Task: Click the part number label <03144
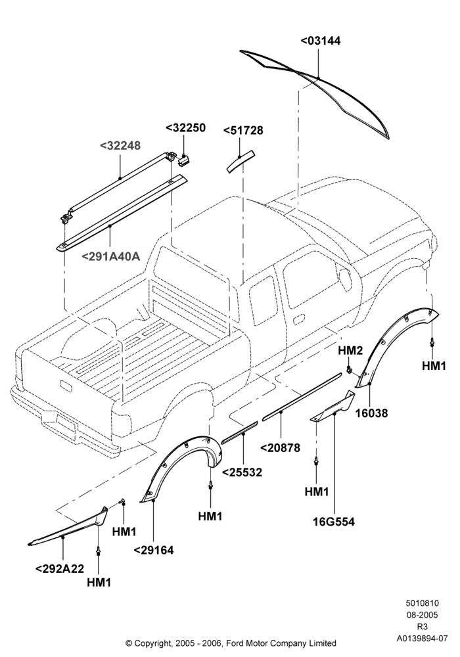[x=321, y=41]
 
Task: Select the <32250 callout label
[x=185, y=128]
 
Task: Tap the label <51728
[x=243, y=131]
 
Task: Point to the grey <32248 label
[x=120, y=146]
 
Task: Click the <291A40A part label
[x=110, y=256]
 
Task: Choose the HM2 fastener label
[x=350, y=350]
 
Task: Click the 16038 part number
[x=371, y=413]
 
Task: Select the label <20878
[x=281, y=448]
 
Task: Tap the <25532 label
[x=242, y=472]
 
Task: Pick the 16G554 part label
[x=334, y=522]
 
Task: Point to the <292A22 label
[x=60, y=569]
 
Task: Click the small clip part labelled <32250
[x=183, y=159]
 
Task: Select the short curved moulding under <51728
[x=240, y=161]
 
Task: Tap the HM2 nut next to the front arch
[x=350, y=369]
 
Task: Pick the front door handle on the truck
[x=299, y=320]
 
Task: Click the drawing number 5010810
[x=422, y=603]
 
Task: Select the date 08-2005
[x=422, y=615]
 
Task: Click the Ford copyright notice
[x=231, y=643]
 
